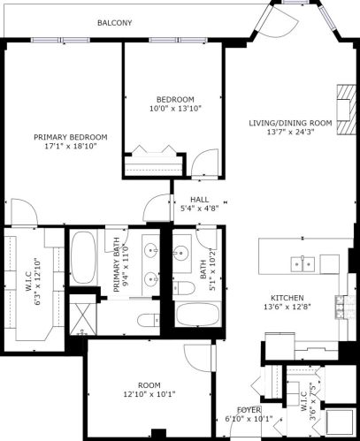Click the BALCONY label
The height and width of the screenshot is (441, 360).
point(114,23)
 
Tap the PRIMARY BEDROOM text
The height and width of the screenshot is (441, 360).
point(71,137)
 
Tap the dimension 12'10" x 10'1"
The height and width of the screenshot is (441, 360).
point(149,395)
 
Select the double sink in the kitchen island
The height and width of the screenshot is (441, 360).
point(303,262)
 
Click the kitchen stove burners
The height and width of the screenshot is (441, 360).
point(340,306)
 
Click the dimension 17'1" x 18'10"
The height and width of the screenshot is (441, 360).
point(71,148)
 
